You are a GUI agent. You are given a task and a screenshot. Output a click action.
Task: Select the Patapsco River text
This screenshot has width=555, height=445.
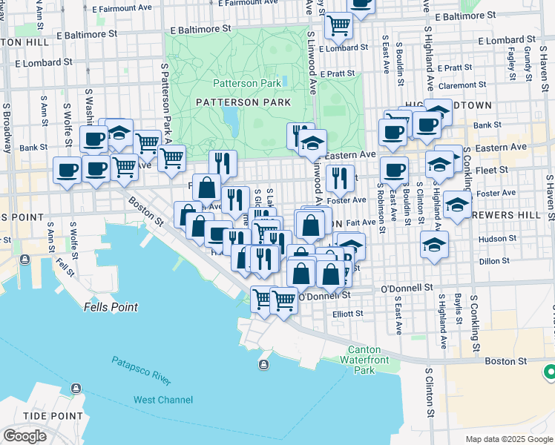pos(141,371)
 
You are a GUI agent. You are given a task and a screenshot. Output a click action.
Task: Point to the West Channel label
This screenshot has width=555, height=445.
pos(163,400)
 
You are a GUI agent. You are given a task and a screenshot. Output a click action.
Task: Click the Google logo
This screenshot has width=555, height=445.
pos(24,436)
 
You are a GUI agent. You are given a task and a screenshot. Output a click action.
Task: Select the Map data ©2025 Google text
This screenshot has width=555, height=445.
pos(508,439)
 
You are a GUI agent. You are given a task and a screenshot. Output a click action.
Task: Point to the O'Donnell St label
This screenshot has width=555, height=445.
pos(407,288)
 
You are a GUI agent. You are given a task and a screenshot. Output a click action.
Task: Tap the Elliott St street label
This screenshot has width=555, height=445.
pos(348,314)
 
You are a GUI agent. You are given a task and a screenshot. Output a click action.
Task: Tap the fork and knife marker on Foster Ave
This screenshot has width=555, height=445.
pos(340,178)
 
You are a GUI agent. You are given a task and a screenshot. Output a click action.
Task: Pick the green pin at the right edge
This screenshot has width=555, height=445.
pos(550,372)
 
